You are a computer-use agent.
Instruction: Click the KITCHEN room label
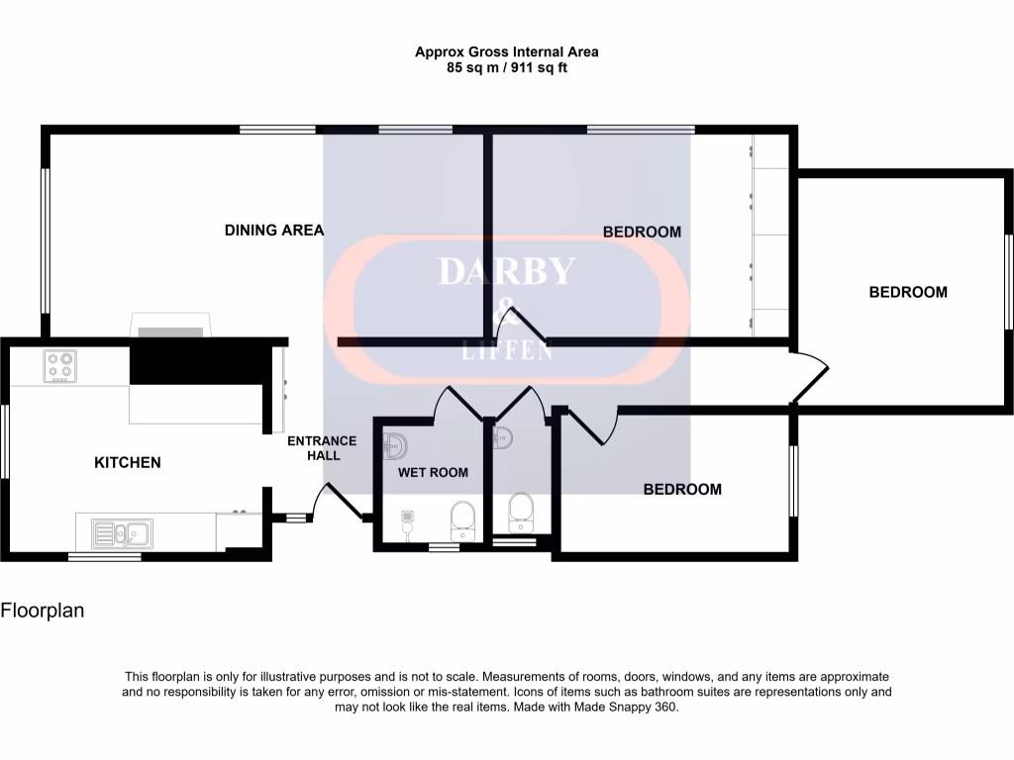tap(127, 462)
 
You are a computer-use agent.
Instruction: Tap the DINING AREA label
tap(274, 231)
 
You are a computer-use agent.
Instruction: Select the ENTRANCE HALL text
tap(322, 448)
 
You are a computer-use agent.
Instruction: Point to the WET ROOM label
tap(433, 472)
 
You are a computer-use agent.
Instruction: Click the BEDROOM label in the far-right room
tap(907, 292)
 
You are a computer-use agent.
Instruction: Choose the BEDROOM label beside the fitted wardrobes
tap(642, 232)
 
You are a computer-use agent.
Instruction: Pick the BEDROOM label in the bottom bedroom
tap(682, 489)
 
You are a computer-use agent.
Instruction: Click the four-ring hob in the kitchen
tap(58, 367)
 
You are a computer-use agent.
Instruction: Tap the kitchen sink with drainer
tap(122, 533)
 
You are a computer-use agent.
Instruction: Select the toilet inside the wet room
tap(461, 517)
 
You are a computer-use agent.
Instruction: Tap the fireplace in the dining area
tap(170, 326)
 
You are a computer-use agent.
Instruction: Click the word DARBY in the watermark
tap(506, 271)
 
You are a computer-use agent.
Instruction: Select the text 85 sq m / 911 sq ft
tap(506, 68)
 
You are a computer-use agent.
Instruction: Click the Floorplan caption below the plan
tap(43, 611)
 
